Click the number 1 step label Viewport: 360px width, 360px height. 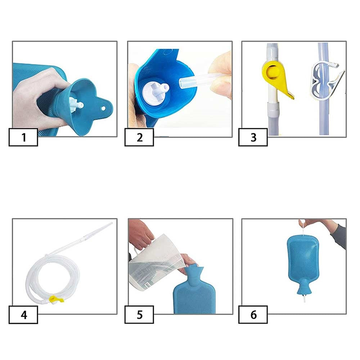23,138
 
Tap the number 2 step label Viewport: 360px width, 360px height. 139,138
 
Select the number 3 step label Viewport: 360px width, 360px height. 253,138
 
